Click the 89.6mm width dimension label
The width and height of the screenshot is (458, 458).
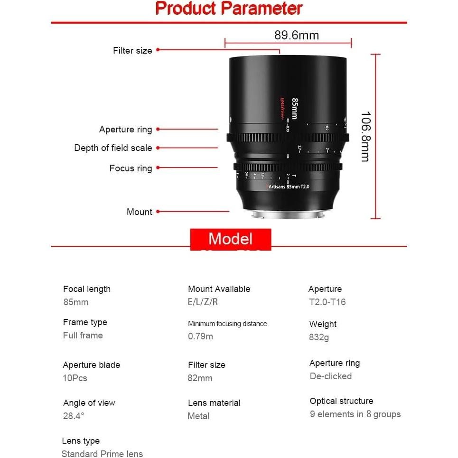(297, 35)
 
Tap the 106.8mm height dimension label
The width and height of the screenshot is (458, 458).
(365, 137)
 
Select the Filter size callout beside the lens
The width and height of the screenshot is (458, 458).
(132, 50)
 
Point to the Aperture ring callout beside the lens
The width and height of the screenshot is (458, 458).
(126, 130)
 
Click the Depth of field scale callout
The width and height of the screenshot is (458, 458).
(113, 148)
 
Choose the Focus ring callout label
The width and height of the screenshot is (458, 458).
(131, 168)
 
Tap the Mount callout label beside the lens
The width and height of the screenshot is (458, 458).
(140, 212)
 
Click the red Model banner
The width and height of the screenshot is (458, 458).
(231, 239)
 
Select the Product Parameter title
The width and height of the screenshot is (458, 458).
(229, 9)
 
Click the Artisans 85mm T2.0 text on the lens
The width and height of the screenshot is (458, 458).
(289, 187)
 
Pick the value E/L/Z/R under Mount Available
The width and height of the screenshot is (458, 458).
(203, 302)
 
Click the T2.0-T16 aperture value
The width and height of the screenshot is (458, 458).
(327, 302)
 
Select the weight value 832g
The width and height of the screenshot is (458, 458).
(319, 337)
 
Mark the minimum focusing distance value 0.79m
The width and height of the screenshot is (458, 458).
(200, 336)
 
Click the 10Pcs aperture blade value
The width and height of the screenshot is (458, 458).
(75, 378)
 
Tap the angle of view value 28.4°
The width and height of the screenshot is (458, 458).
(74, 416)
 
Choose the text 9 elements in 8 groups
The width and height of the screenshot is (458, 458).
(355, 414)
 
